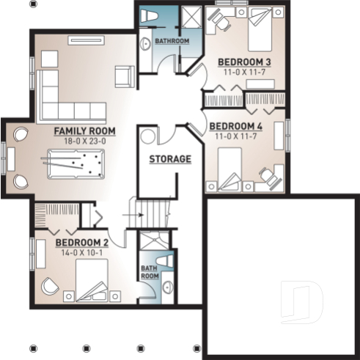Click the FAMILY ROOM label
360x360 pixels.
pos(84,131)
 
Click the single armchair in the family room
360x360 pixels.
pos(124,75)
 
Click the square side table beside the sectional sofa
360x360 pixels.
pos(49,59)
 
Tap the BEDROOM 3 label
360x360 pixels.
pos(246,62)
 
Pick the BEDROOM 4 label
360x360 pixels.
pos(235,125)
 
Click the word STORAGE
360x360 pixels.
pos(170,158)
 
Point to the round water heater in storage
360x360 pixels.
pos(149,136)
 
